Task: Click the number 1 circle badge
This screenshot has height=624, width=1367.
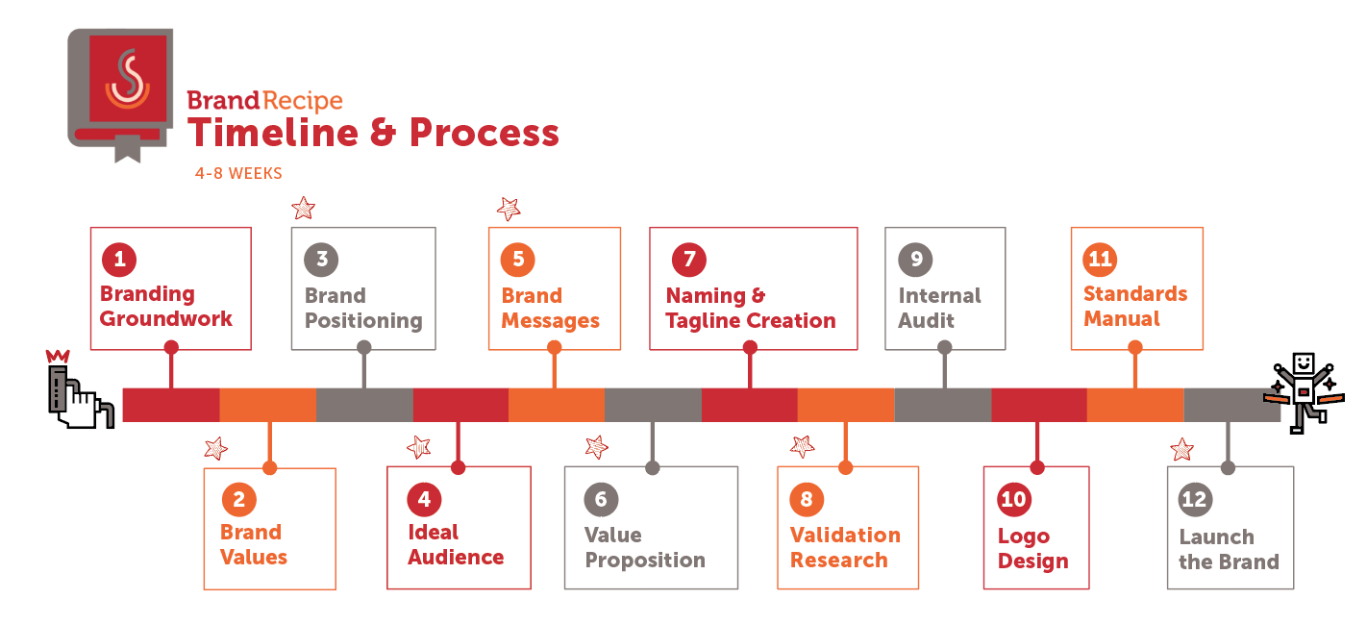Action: [x=119, y=260]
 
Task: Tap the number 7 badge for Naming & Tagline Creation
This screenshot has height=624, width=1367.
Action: [x=689, y=260]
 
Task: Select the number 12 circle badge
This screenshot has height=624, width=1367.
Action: [x=1195, y=499]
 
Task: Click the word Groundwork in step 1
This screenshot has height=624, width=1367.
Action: [x=166, y=318]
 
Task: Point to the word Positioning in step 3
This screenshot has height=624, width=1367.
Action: [x=363, y=321]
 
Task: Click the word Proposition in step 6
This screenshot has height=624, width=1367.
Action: [x=645, y=561]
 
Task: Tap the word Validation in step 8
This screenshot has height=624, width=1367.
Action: [x=845, y=535]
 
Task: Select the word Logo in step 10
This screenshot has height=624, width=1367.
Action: [x=1024, y=537]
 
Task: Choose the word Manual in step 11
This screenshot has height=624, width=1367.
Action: [x=1122, y=318]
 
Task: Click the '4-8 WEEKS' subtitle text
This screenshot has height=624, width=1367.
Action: [x=238, y=173]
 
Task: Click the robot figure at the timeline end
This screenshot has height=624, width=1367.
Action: [x=1304, y=392]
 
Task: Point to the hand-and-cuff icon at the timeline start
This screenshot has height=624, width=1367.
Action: [x=81, y=389]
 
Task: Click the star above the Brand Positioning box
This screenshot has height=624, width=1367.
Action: [x=304, y=209]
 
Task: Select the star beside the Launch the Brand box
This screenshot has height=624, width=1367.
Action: [x=1182, y=449]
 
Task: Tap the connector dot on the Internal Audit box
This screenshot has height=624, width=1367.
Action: [x=945, y=347]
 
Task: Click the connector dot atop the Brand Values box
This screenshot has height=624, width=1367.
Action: [x=270, y=468]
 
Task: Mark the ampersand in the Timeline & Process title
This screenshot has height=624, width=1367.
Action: [x=383, y=133]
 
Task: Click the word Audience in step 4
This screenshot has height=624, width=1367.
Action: [x=456, y=558]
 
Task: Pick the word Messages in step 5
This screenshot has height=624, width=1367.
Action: [x=551, y=321]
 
